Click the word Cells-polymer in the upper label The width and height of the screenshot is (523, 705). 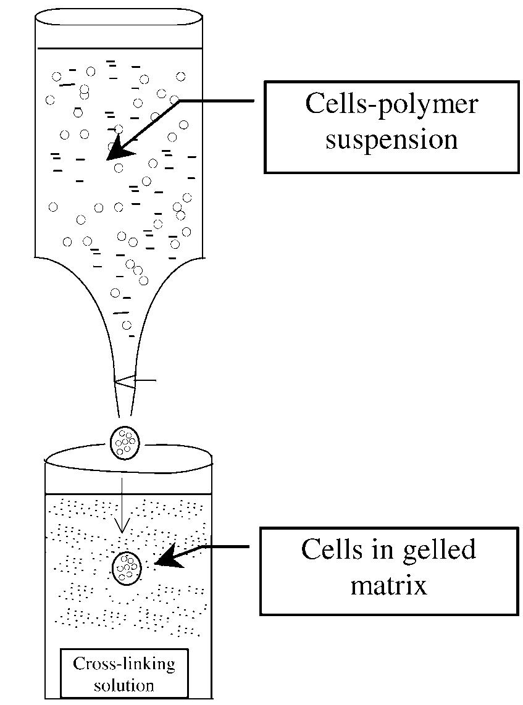pyautogui.click(x=391, y=104)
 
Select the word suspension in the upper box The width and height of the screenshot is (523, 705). pyautogui.click(x=391, y=140)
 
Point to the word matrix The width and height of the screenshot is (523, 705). pyautogui.click(x=388, y=585)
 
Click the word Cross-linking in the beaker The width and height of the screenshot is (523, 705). pyautogui.click(x=124, y=665)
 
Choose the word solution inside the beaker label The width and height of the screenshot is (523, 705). pyautogui.click(x=124, y=684)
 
